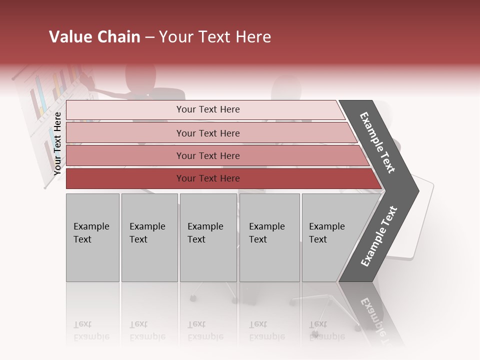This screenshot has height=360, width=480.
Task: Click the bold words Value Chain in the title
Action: tap(94, 37)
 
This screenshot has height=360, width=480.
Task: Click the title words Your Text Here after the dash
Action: tap(215, 37)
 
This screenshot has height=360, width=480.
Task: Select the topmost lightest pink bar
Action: tap(205, 109)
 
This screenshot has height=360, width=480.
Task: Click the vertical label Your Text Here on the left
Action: tap(57, 143)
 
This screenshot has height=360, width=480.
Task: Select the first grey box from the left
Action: tap(92, 237)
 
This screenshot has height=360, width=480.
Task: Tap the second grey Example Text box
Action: tap(149, 237)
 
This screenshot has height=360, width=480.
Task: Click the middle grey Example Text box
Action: tap(208, 237)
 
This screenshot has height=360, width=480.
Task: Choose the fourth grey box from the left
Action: tap(269, 237)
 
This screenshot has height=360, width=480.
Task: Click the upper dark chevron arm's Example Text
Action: tap(377, 142)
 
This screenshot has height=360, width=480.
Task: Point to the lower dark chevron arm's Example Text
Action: tap(379, 236)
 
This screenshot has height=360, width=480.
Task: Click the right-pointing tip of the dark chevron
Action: tap(415, 190)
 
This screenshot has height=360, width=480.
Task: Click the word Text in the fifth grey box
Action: tap(318, 239)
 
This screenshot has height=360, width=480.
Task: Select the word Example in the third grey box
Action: tap(205, 226)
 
